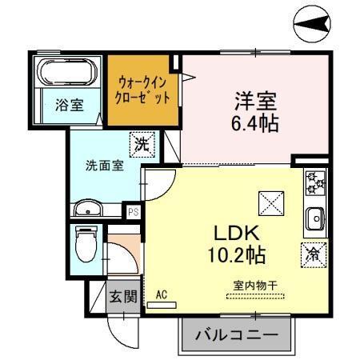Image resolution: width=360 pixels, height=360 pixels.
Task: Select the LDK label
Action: pos(233,233)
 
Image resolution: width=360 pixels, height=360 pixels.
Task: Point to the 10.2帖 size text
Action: pos(234,257)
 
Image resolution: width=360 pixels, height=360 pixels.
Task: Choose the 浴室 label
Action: pos(69,105)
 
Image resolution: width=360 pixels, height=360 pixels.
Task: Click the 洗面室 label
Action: pos(104,166)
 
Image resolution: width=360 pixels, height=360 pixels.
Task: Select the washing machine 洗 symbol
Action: pos(141,145)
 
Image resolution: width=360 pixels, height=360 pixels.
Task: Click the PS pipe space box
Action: pos(133,211)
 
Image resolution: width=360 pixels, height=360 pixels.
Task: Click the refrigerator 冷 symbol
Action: pos(312,254)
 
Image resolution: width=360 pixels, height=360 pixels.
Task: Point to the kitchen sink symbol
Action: pos(314,216)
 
